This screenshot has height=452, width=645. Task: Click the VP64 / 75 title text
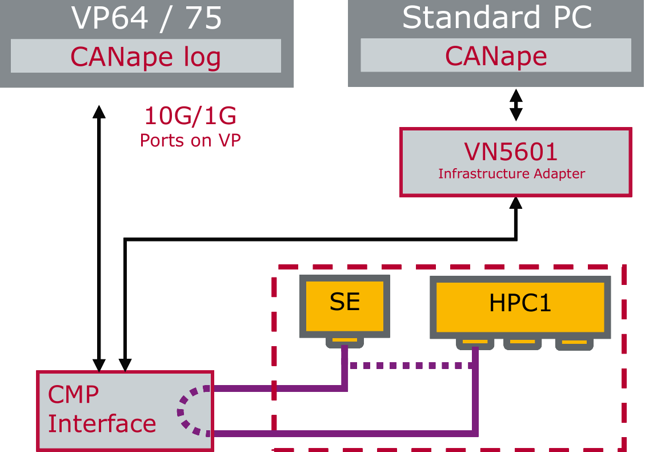click(x=146, y=18)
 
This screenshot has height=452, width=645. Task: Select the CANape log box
click(x=146, y=56)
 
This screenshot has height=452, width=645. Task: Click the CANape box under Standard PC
click(x=496, y=56)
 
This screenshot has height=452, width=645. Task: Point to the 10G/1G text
click(x=190, y=117)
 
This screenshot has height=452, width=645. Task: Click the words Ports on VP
click(x=190, y=140)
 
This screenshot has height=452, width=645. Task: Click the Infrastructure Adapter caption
click(x=511, y=174)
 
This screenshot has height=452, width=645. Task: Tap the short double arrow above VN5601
click(x=516, y=105)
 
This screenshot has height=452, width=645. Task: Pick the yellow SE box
click(x=344, y=303)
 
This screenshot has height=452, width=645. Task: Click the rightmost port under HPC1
click(x=574, y=344)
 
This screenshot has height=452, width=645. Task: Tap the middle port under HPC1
click(x=522, y=344)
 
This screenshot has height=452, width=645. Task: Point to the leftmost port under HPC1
click(x=475, y=344)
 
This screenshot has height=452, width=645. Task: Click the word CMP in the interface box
click(x=73, y=395)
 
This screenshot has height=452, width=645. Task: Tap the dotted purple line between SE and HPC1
click(x=410, y=366)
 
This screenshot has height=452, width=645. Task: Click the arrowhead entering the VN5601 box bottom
click(x=516, y=203)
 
